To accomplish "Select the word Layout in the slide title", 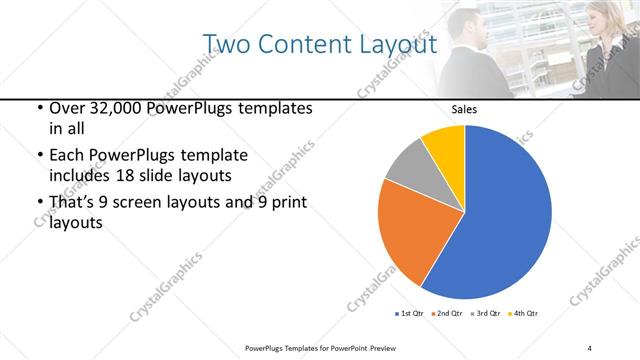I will tap(399, 45).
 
